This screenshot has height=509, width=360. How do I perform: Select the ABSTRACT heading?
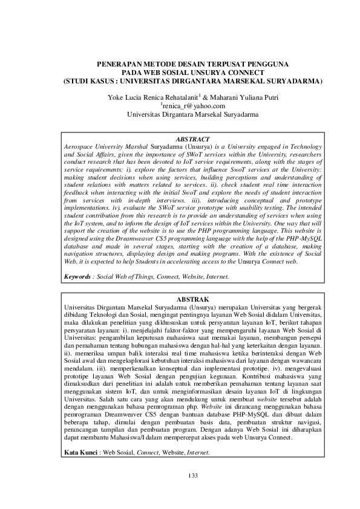coord(193,139)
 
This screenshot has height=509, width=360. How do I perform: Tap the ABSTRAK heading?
coord(193,299)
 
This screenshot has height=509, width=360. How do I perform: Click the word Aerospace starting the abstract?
coord(81,147)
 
